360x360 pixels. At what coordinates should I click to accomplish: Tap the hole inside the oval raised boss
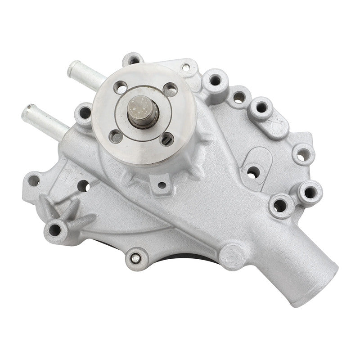click(x=254, y=171)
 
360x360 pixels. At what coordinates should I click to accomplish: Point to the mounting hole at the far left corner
click(x=32, y=181)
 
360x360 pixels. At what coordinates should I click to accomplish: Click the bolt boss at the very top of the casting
click(x=133, y=60)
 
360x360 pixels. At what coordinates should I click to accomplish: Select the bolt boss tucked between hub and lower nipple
click(x=84, y=112)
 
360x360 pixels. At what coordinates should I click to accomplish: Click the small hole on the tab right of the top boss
click(x=184, y=68)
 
